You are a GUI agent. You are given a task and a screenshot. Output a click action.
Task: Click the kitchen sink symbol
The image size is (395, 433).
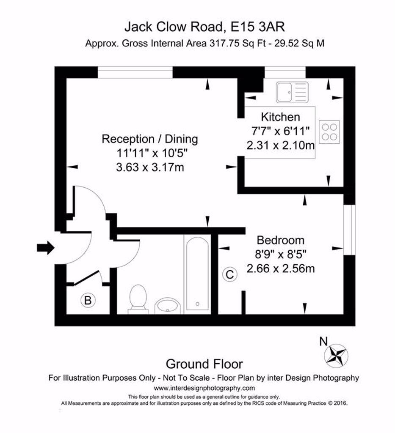(x=292, y=92)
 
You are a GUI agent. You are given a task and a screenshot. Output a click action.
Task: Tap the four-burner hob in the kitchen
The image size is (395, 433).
(x=329, y=132)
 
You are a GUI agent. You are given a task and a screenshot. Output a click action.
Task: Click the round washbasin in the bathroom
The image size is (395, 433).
(x=168, y=306)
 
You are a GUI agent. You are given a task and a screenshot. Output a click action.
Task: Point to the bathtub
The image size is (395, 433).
(x=197, y=274)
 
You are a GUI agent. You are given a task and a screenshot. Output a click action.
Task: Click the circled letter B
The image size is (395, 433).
(x=88, y=300)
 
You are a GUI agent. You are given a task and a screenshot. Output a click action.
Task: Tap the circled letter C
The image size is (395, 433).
(x=230, y=274)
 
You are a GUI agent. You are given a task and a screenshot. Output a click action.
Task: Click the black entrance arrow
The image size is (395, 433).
(x=46, y=247)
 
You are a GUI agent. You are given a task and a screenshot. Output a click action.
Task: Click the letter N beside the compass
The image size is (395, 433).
(x=323, y=342)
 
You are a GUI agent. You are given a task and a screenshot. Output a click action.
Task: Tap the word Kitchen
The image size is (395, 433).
(x=280, y=117)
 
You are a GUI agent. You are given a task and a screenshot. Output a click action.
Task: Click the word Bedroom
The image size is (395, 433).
(x=281, y=240)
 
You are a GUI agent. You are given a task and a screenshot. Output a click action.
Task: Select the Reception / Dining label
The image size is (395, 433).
(x=150, y=139)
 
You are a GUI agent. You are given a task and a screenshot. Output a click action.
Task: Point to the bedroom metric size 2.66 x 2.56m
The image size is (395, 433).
(x=281, y=269)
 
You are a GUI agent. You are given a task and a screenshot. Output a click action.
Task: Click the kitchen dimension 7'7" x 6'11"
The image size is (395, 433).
(x=280, y=131)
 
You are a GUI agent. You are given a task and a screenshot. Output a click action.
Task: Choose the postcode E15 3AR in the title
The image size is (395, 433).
(x=258, y=27)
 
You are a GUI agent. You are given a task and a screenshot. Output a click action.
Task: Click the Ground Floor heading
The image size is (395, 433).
(x=204, y=364)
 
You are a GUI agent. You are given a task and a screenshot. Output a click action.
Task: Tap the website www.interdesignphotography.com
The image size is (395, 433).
(x=204, y=388)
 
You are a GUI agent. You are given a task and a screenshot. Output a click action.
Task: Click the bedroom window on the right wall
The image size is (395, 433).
(x=349, y=230)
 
